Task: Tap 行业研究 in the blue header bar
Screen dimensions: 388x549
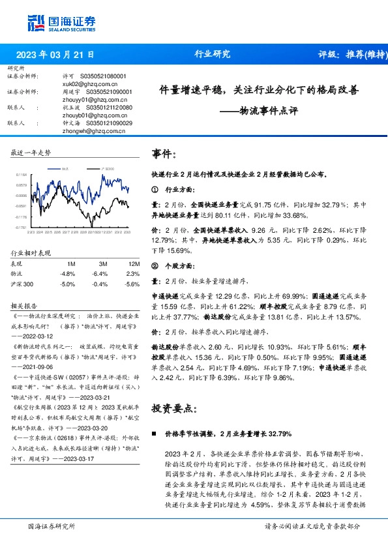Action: click(x=213, y=55)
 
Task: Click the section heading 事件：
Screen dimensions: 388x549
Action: click(x=164, y=154)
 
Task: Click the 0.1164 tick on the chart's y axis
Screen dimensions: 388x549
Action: click(x=21, y=175)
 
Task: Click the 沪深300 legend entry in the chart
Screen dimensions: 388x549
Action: click(x=107, y=169)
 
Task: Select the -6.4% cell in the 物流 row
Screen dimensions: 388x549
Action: click(x=99, y=274)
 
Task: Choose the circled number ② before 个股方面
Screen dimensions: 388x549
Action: click(x=155, y=266)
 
